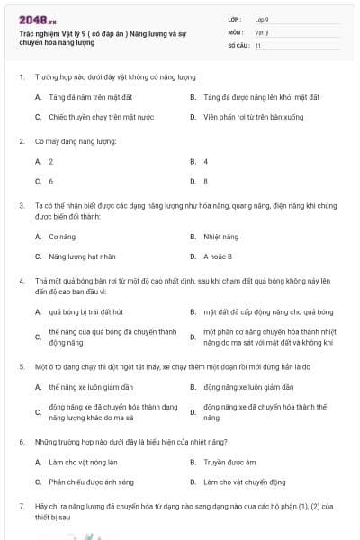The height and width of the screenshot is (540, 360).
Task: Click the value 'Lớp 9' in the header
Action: pyautogui.click(x=262, y=19)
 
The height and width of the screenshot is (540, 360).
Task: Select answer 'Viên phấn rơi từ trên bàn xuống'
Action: pyautogui.click(x=248, y=117)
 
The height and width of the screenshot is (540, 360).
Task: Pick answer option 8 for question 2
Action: pyautogui.click(x=206, y=181)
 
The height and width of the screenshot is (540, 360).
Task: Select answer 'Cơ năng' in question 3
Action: pyautogui.click(x=60, y=237)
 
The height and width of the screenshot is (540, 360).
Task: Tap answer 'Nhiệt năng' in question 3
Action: pyautogui.click(x=220, y=237)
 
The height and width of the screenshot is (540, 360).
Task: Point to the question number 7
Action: pyautogui.click(x=21, y=507)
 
